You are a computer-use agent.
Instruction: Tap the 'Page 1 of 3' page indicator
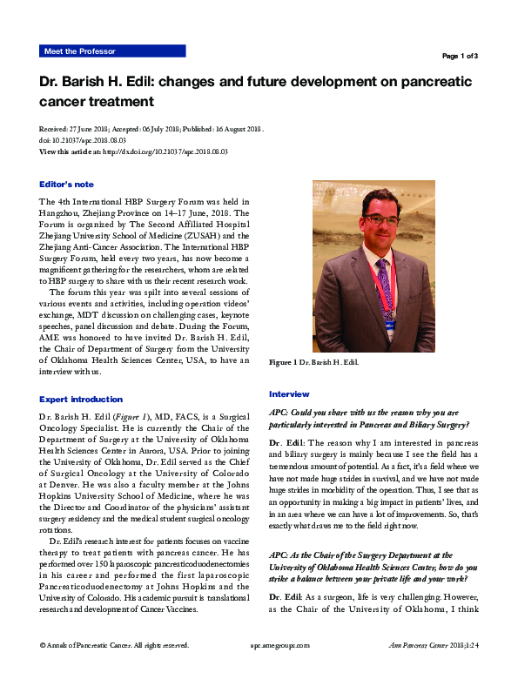(460, 56)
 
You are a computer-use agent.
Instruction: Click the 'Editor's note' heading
(67, 185)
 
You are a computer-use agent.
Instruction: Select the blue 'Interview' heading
(289, 394)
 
